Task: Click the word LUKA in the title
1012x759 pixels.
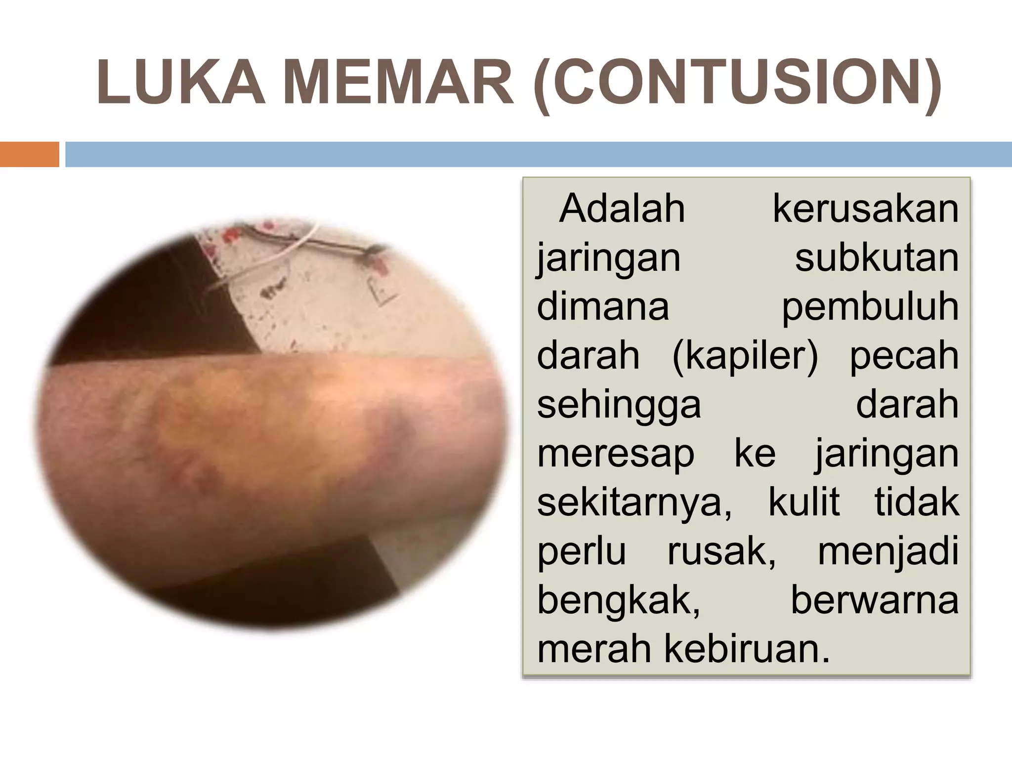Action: [x=181, y=83]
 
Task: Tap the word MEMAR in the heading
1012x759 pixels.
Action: [x=398, y=83]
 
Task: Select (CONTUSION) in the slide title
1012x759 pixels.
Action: [x=737, y=84]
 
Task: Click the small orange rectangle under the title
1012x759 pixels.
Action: [x=29, y=154]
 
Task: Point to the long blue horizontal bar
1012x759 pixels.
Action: [x=539, y=154]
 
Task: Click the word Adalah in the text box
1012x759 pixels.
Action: [x=622, y=209]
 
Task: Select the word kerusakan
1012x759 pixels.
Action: [x=866, y=209]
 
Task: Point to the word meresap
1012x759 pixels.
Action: [x=616, y=454]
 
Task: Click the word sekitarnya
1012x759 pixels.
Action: [x=634, y=503]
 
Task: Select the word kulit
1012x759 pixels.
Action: [x=804, y=502]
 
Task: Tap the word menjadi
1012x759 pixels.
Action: [x=888, y=551]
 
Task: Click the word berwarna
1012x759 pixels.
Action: [x=875, y=600]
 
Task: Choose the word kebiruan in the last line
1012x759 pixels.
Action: [x=747, y=648]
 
